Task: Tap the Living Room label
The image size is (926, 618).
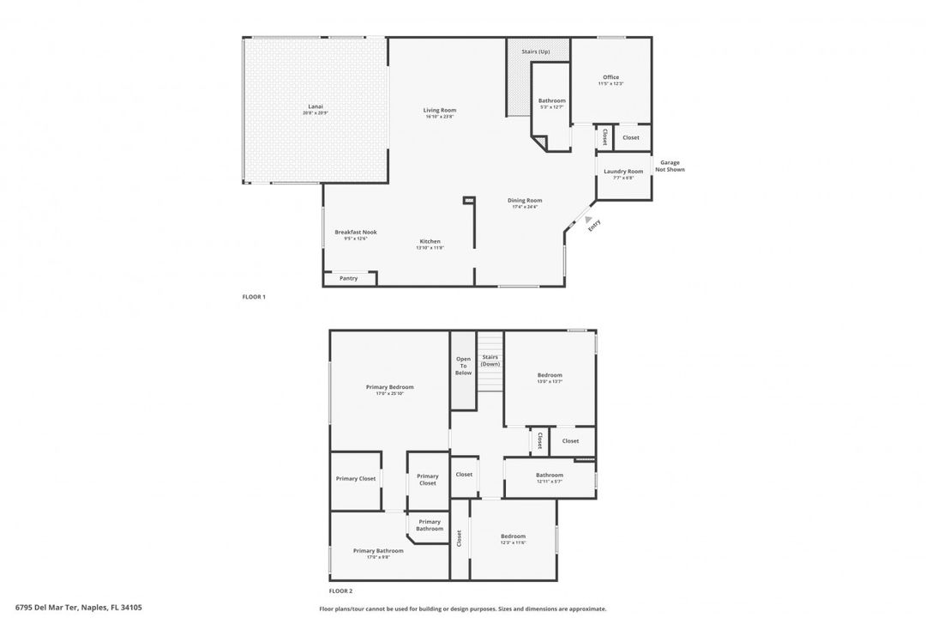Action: pos(439,110)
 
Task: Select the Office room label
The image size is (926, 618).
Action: pos(610,77)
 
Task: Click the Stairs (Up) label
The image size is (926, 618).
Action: pos(536,51)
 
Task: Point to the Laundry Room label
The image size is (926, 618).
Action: pos(623,172)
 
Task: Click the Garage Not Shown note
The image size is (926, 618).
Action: pos(670,166)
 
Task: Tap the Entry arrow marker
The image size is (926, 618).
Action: pos(588,220)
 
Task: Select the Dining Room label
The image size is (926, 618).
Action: pos(524,201)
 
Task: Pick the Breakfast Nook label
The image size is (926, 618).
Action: pos(355,232)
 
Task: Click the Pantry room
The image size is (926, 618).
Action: pos(348,278)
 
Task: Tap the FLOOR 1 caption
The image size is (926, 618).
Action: pos(255,297)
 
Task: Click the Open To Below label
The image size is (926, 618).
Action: pos(463,366)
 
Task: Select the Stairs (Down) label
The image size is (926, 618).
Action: pos(490,360)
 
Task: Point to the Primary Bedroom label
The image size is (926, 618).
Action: pos(389,387)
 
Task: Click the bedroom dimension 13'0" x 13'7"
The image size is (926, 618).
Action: pos(550,381)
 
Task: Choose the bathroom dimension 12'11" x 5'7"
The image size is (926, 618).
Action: pos(550,482)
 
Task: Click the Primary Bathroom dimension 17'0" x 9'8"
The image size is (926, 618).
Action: pos(377,557)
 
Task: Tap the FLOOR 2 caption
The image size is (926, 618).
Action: pos(340,591)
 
